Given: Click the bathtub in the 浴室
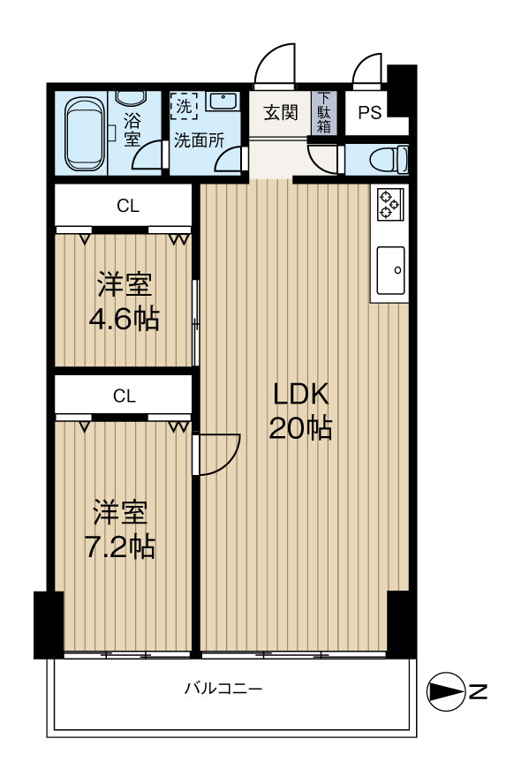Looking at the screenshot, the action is coord(86,133).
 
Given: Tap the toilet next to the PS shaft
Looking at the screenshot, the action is coord(389,160).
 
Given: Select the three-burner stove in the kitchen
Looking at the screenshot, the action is coord(389,204).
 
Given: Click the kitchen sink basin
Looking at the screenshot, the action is coord(390,270).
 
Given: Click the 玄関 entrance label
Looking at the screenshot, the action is coord(281,112).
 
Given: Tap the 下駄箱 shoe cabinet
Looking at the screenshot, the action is coord(324,112).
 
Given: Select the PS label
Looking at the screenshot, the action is coord(370,112).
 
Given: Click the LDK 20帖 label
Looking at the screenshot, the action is coord(300,411).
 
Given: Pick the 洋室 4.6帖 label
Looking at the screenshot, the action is coord(124,301).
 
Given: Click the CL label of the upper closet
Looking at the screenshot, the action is coord(128,206).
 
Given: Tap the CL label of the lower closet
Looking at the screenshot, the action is coord(124,396).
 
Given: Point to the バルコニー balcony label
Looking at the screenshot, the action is coord(223,689).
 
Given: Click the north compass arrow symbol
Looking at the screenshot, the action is coord(445,691).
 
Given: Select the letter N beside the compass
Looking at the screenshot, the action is coord(479,691).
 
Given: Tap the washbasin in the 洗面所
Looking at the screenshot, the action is coord(222,102).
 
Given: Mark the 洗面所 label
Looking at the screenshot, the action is coord(199,140).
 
